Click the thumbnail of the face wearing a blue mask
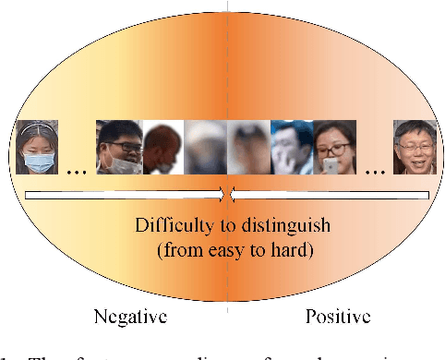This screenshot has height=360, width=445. point(38,147)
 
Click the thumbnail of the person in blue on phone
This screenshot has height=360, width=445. point(290,148)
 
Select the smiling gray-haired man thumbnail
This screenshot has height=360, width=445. point(414,148)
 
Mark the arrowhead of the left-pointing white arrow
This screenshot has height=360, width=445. point(233,194)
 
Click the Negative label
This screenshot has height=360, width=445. point(130,317)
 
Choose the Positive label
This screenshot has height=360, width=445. point(338,317)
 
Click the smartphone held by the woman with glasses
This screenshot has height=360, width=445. point(331,166)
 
